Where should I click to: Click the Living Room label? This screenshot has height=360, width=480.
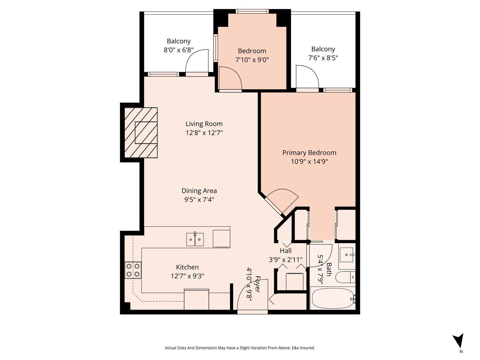point(204,124)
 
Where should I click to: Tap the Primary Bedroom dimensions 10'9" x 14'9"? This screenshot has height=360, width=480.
point(309,162)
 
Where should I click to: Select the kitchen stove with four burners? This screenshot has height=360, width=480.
point(133,270)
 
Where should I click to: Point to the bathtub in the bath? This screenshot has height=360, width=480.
point(332,298)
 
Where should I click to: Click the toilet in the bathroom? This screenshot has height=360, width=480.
point(345,277)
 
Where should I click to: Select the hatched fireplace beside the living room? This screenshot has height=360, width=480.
point(141,133)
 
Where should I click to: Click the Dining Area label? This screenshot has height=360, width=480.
point(199,191)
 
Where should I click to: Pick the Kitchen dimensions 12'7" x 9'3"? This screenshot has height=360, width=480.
point(188,276)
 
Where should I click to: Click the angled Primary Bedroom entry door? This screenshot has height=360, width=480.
point(282,200)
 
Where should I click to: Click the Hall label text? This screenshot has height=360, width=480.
point(285,251)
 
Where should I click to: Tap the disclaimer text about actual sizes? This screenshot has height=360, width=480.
point(240,348)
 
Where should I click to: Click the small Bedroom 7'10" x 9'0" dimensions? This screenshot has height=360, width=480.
point(252,60)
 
